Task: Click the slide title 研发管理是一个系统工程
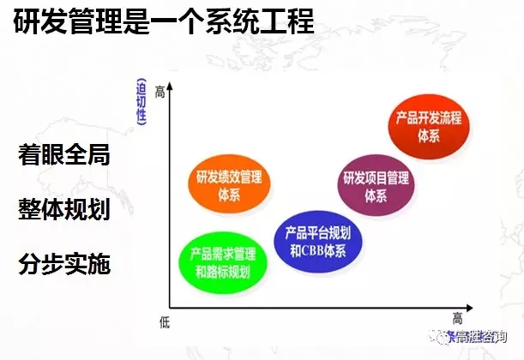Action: (163, 23)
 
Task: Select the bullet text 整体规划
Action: (64, 210)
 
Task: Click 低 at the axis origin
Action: (165, 319)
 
